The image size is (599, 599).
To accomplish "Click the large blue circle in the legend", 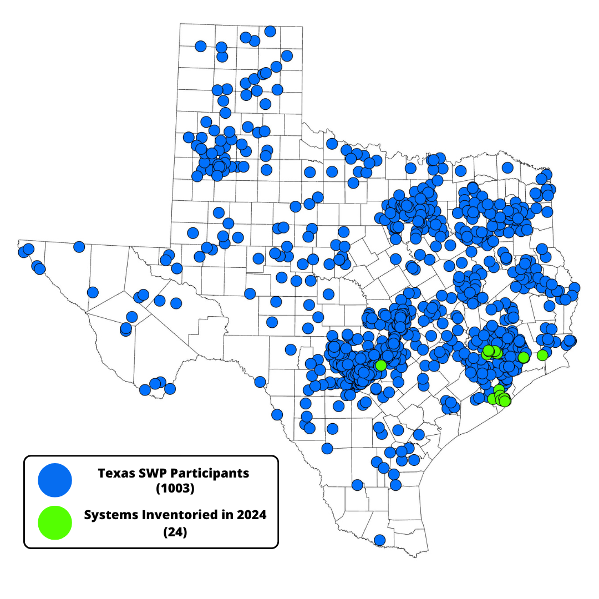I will pyautogui.click(x=55, y=480).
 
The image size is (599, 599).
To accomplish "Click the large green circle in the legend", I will pyautogui.click(x=55, y=522).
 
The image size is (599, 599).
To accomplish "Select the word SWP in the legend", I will pyautogui.click(x=151, y=474).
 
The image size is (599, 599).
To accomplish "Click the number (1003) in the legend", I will pyautogui.click(x=175, y=490).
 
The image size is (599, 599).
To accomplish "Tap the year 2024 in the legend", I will pyautogui.click(x=250, y=515).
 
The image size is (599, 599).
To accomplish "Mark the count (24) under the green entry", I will pyautogui.click(x=175, y=532).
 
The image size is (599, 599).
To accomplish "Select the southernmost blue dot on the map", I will pyautogui.click(x=379, y=540).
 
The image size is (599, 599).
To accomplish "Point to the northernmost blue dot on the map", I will pyautogui.click(x=270, y=31).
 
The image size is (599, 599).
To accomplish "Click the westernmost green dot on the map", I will pyautogui.click(x=380, y=366).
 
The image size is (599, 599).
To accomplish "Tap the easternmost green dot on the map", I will pyautogui.click(x=542, y=355).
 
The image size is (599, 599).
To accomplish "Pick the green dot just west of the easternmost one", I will pyautogui.click(x=524, y=357).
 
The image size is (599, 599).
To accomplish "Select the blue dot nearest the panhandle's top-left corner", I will pyautogui.click(x=201, y=46).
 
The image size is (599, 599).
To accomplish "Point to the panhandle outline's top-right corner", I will pyautogui.click(x=303, y=26).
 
